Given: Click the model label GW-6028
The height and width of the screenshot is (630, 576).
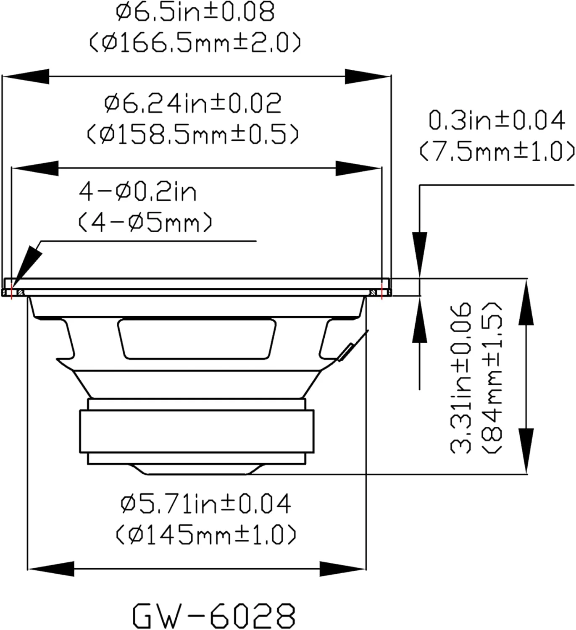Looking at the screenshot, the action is tap(214, 615).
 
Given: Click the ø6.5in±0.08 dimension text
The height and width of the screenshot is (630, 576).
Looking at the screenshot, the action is tap(195, 12).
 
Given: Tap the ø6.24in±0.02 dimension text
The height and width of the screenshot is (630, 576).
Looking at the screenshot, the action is tap(192, 103).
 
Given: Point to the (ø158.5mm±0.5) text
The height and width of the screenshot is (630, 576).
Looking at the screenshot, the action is tap(192, 134).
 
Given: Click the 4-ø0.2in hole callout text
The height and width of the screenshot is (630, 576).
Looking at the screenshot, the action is tap(138, 192).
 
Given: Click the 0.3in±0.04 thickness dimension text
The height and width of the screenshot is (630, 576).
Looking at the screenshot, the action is tap(497, 120).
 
